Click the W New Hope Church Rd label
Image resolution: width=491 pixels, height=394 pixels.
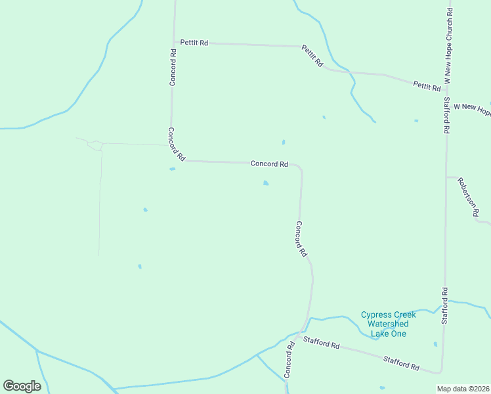tap(449, 45)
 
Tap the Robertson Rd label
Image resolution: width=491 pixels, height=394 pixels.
tap(469, 197)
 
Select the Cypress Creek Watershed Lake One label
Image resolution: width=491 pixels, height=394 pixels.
tap(389, 324)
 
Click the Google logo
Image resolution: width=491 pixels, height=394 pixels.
tap(22, 386)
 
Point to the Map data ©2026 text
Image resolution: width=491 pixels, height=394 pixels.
tap(463, 389)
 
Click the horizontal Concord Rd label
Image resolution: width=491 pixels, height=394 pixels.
tap(269, 164)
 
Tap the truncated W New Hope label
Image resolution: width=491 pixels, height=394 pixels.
tap(472, 109)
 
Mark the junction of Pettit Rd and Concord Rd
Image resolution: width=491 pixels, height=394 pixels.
tap(175, 43)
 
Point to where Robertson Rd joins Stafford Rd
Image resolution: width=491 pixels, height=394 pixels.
tap(446, 177)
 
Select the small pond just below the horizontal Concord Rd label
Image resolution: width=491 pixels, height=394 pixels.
tap(266, 183)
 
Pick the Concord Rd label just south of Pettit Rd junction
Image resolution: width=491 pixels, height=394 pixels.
tap(173, 68)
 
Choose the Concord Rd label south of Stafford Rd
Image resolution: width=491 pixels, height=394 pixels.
tap(288, 359)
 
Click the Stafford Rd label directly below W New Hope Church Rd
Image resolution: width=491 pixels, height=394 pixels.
tap(446, 116)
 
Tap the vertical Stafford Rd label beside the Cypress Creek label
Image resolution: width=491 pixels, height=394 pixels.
tap(444, 305)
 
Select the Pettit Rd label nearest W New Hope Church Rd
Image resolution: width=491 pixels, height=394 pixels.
tap(427, 86)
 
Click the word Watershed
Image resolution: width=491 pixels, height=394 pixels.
tap(388, 324)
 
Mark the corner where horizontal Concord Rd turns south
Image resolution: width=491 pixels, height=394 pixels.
tap(299, 167)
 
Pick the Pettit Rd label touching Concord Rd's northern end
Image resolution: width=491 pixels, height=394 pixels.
tap(195, 43)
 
